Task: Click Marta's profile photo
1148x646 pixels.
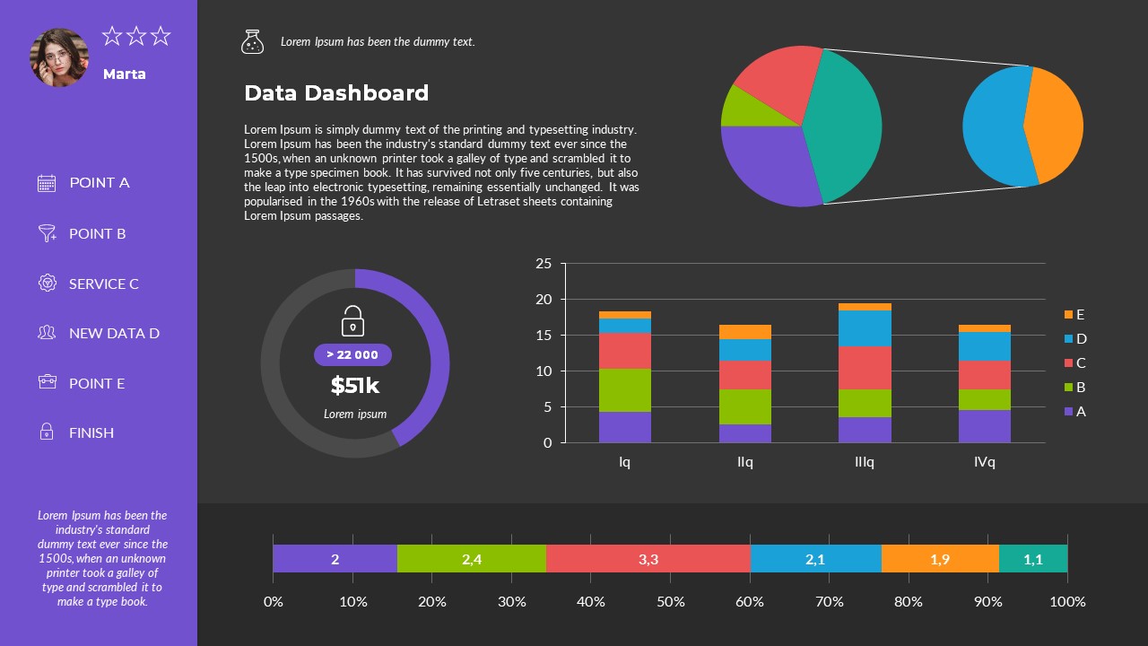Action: click(x=59, y=57)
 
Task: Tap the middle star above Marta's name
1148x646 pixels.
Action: click(x=136, y=36)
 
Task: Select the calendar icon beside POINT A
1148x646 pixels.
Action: click(x=47, y=183)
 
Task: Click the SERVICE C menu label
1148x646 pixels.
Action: click(x=104, y=284)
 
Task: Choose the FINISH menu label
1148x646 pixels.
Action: click(x=91, y=432)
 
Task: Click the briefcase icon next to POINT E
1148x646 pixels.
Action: click(x=47, y=382)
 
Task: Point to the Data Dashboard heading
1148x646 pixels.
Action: click(x=336, y=93)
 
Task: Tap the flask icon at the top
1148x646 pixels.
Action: click(x=252, y=41)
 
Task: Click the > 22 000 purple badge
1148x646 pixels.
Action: click(x=352, y=354)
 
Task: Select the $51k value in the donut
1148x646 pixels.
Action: click(x=354, y=386)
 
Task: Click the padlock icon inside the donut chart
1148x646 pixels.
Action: click(x=352, y=321)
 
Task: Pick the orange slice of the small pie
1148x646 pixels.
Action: click(x=1057, y=126)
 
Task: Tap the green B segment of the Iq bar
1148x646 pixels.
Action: click(x=624, y=390)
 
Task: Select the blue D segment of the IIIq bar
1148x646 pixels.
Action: click(x=864, y=328)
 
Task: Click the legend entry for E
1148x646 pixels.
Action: click(x=1074, y=314)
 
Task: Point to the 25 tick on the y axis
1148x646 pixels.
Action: click(x=544, y=264)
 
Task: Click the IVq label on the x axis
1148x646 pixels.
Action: click(x=984, y=462)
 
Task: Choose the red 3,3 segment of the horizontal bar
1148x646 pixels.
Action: click(x=648, y=559)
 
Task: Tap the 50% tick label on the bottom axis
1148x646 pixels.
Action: click(x=670, y=601)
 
